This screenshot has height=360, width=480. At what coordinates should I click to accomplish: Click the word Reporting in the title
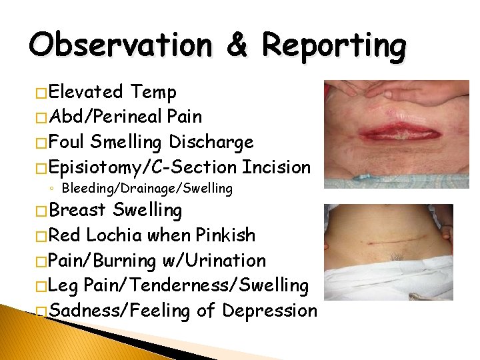coord(333,46)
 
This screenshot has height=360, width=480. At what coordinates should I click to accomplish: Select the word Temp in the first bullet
coord(153,92)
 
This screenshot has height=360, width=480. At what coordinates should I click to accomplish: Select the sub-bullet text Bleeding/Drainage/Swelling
coord(147,189)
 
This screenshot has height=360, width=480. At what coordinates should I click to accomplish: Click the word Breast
coord(77,211)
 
